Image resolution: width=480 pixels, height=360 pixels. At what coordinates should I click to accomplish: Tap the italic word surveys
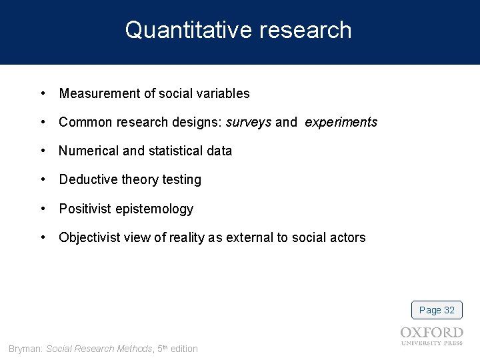point(249,123)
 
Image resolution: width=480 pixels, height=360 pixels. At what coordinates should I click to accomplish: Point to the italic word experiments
point(341,123)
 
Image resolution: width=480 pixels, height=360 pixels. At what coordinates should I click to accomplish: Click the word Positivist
point(85,209)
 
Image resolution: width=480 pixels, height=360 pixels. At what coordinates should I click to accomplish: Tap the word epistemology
point(154,209)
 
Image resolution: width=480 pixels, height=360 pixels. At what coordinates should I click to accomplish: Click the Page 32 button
point(437,310)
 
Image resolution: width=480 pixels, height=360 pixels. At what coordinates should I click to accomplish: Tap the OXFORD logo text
point(431,333)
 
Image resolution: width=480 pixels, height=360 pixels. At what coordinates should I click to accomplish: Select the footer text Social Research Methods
point(99,349)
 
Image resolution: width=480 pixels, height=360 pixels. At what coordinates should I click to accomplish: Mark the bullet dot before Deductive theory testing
point(43,180)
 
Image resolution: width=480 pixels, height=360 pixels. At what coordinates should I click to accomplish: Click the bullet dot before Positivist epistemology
point(43,209)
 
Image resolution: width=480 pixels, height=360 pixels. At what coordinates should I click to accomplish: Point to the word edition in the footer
point(184,349)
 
